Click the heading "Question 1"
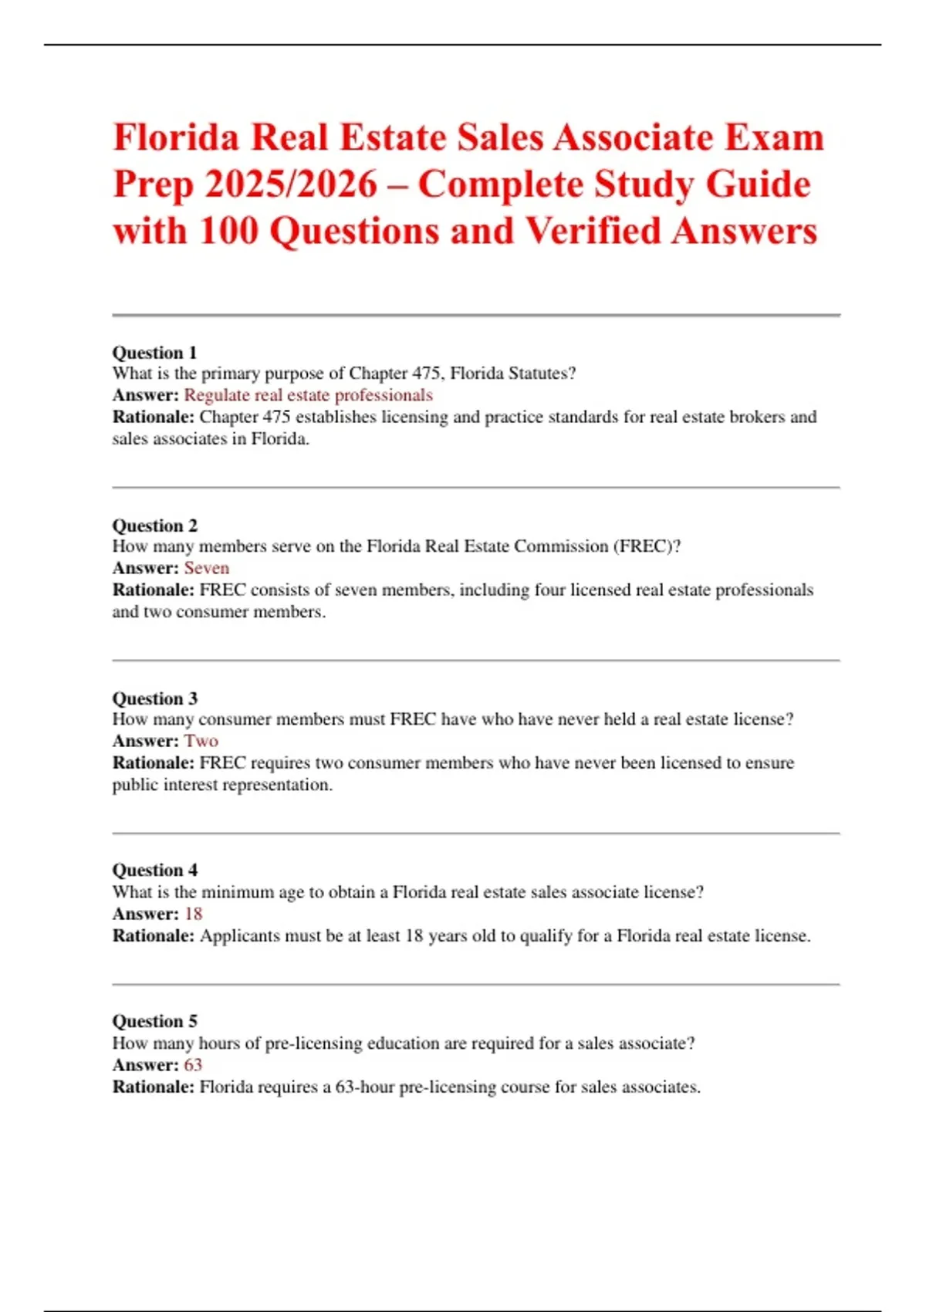(x=154, y=353)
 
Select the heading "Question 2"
(x=154, y=526)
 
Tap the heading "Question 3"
(x=154, y=698)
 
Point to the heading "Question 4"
(x=154, y=870)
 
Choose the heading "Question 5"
(x=154, y=1021)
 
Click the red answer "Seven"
(x=206, y=568)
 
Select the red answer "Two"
(x=201, y=741)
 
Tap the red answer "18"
(x=193, y=914)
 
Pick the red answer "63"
(x=193, y=1065)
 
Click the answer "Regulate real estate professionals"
(x=308, y=395)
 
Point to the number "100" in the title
(x=228, y=231)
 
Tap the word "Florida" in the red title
(x=177, y=137)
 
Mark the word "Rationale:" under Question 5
(x=153, y=1087)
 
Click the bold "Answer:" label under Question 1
(x=145, y=395)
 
